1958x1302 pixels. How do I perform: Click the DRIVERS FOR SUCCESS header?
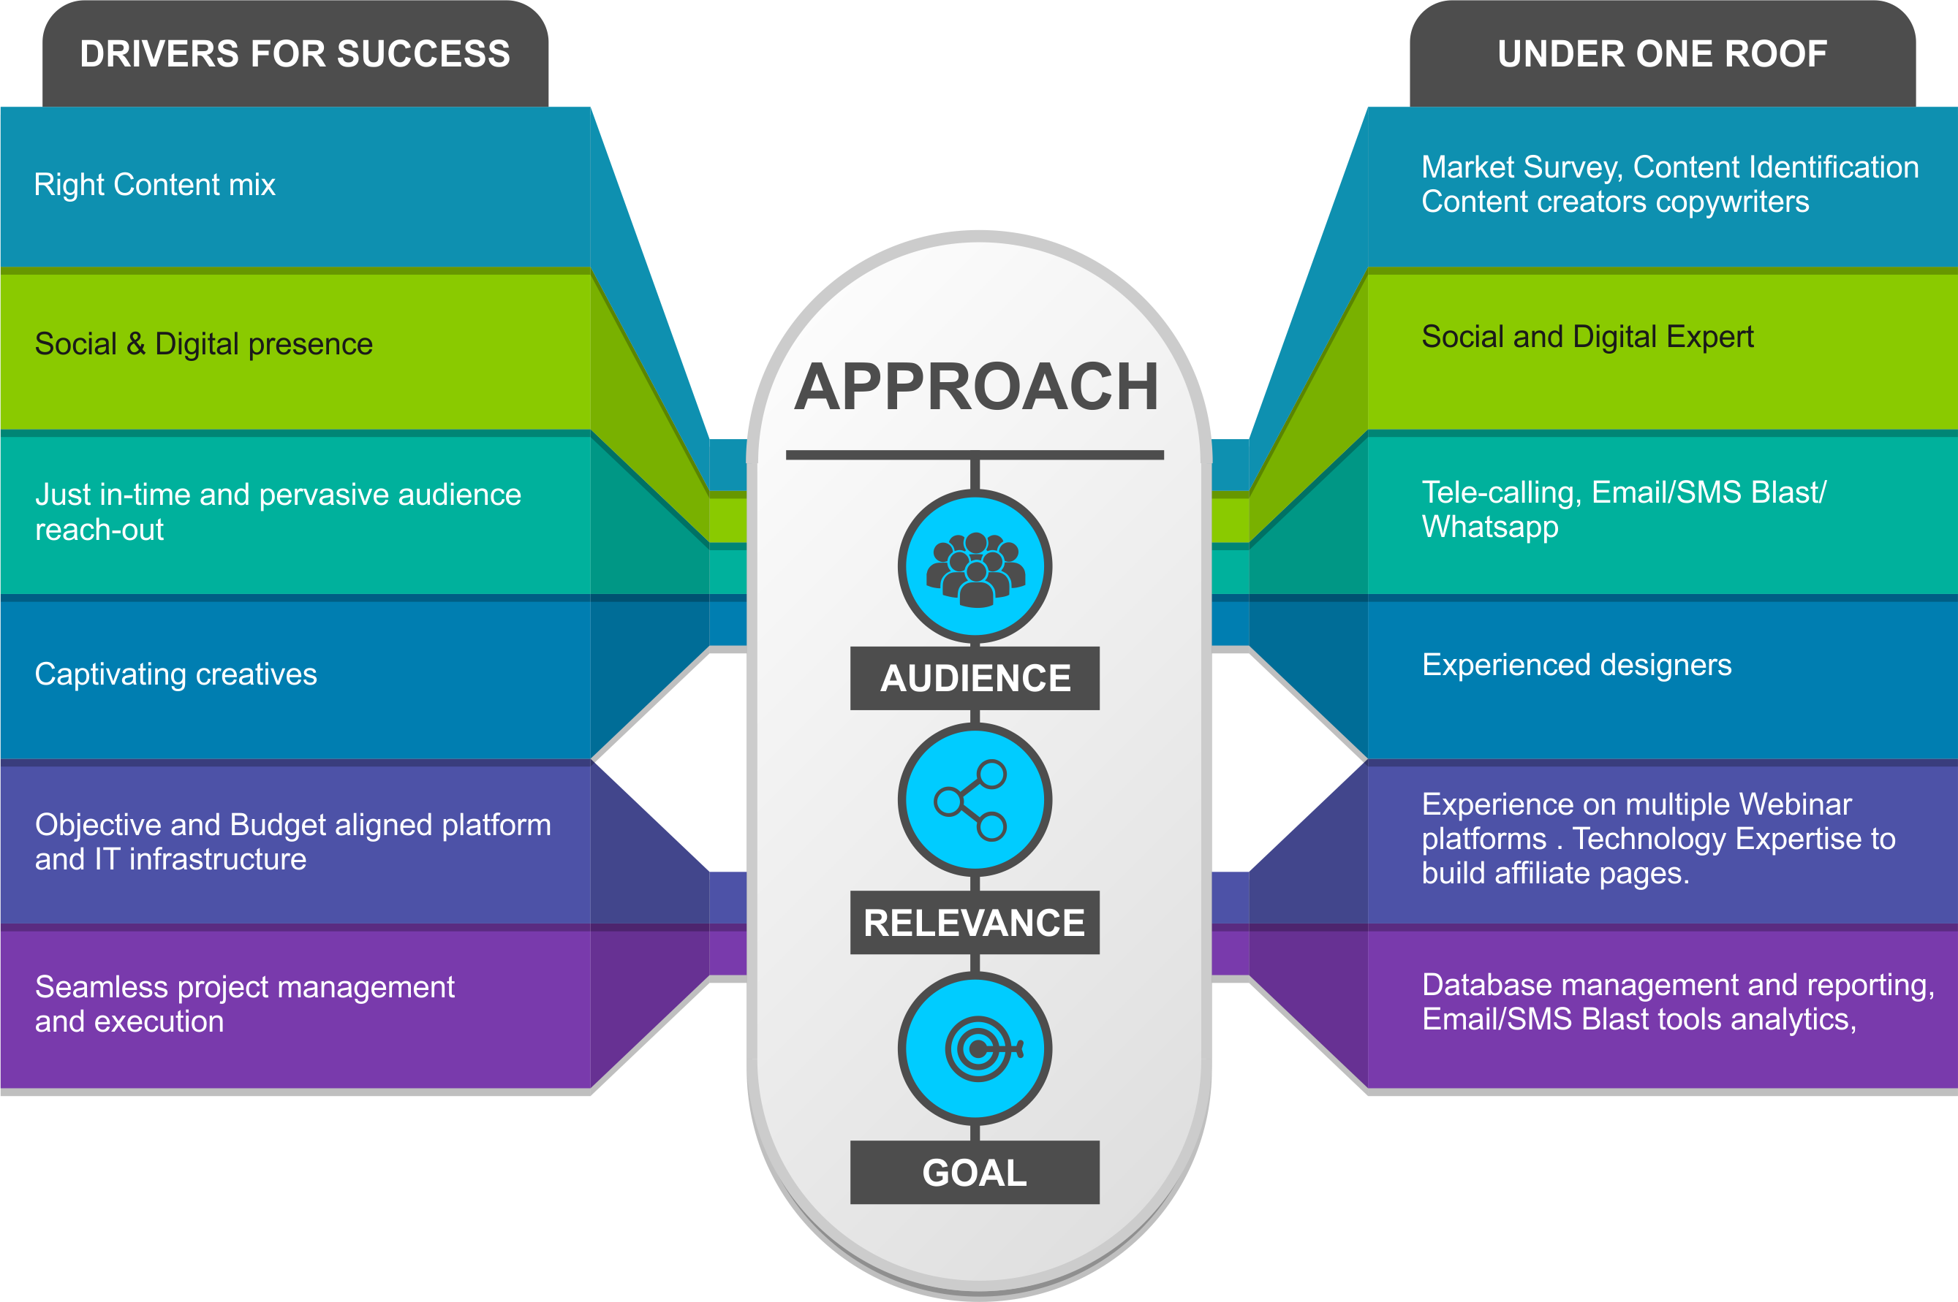[295, 55]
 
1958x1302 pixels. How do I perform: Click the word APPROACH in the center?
[977, 387]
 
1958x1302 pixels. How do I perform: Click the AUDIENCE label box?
[975, 679]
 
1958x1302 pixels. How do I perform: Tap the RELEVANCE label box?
[975, 923]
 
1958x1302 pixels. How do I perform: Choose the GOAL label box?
[975, 1173]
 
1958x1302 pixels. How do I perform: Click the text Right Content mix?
[154, 184]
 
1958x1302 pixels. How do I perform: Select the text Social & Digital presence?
[203, 344]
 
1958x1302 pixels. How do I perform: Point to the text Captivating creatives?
[175, 674]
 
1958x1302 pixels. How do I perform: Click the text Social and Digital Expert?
[1587, 337]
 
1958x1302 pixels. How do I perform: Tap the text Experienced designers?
[1576, 665]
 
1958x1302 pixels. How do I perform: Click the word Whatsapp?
[1489, 528]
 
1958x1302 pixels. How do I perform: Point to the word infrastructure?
[218, 859]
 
